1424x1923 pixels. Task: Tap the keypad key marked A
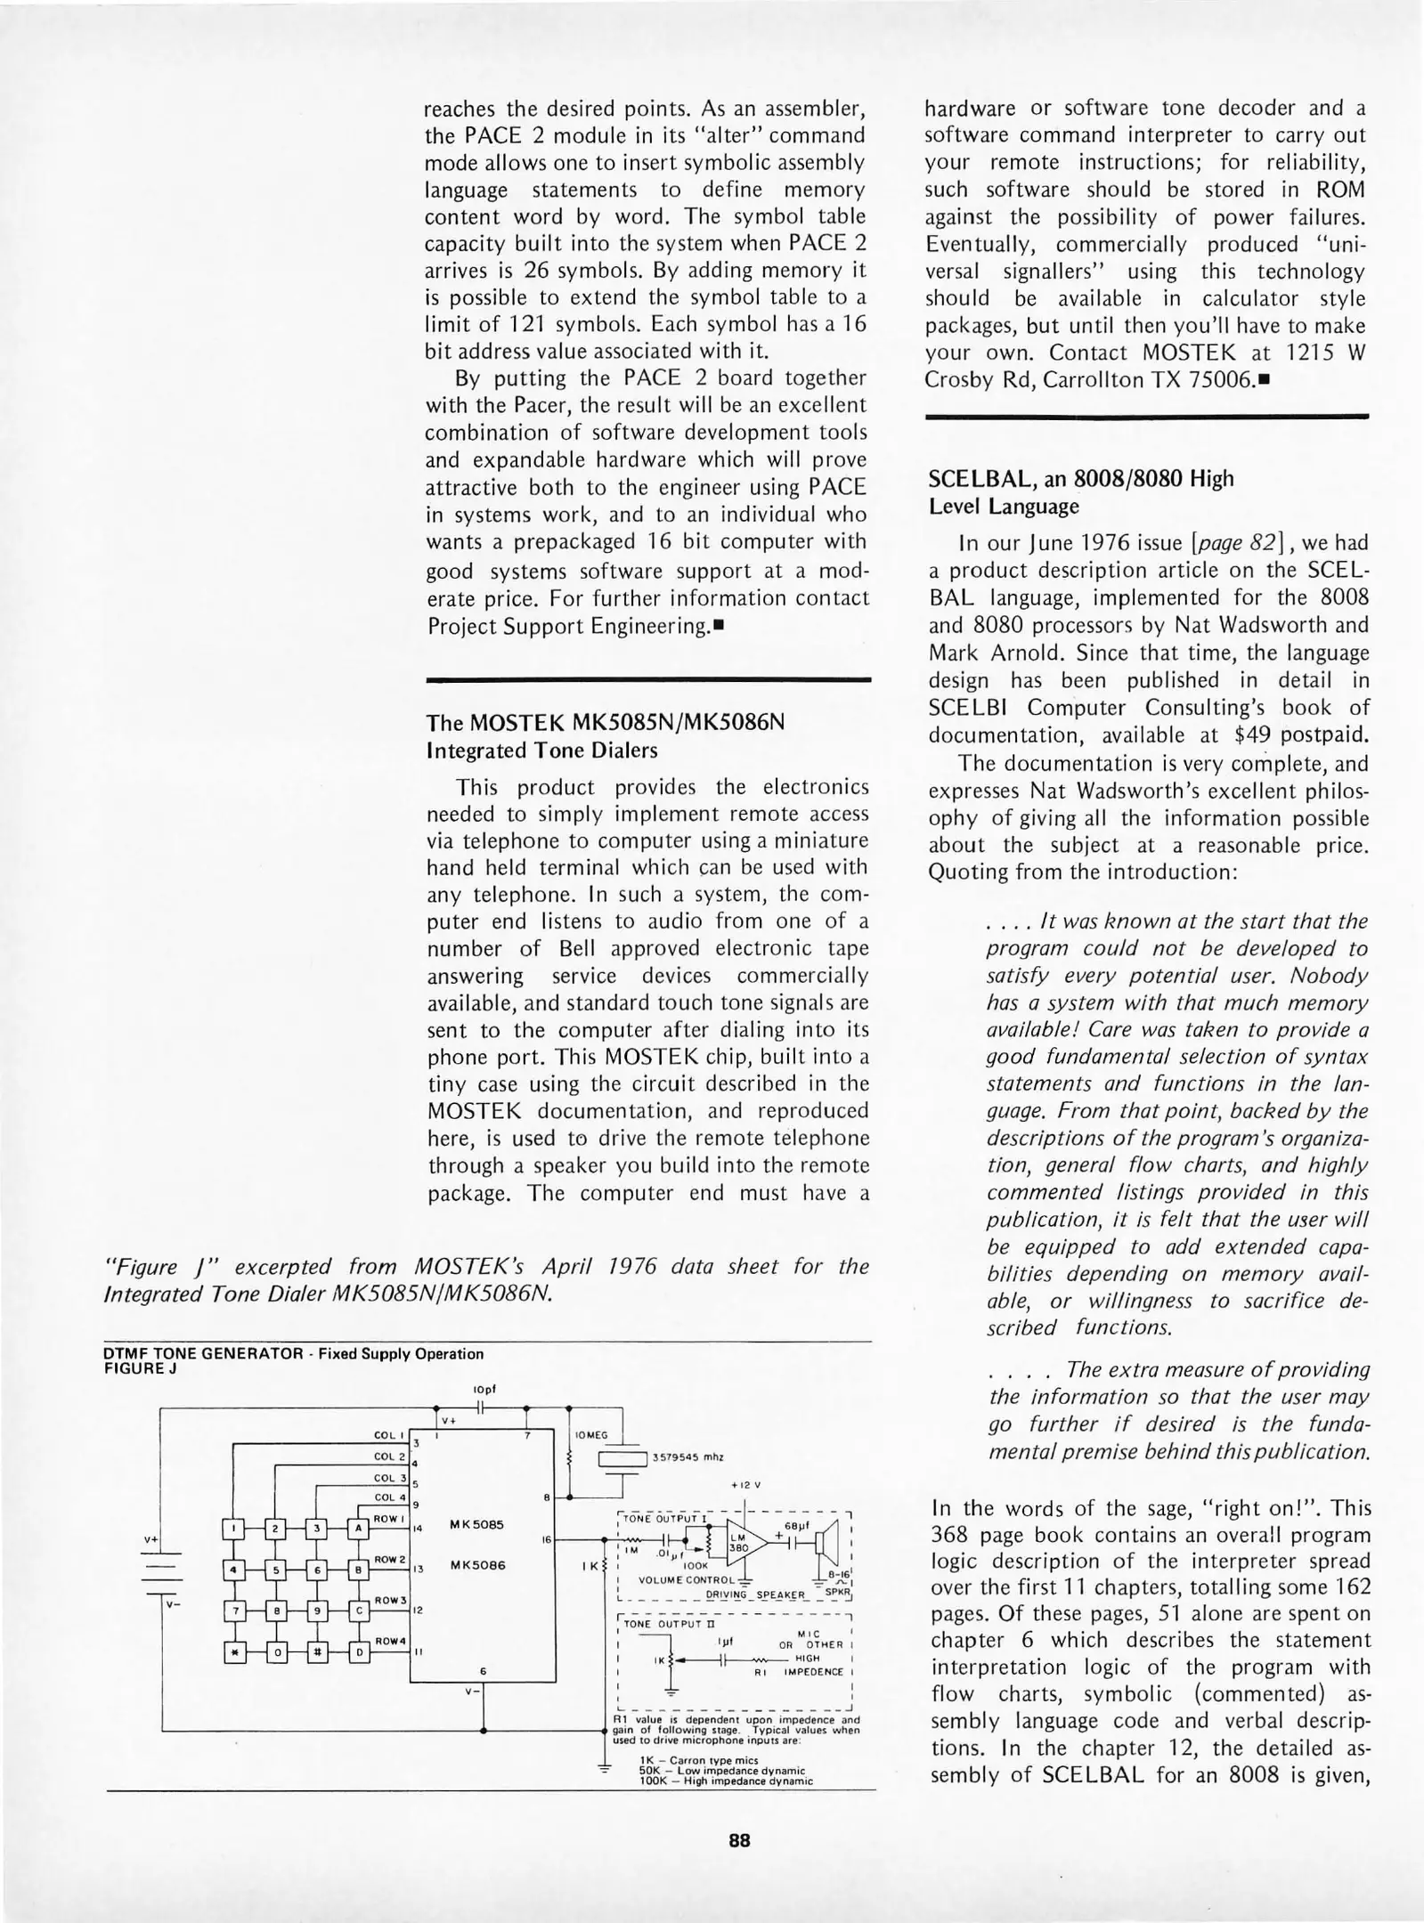360,1529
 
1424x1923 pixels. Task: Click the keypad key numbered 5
276,1570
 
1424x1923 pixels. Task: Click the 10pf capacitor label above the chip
484,1389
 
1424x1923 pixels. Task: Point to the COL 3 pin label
389,1478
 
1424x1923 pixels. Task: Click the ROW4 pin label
391,1640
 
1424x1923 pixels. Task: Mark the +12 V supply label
745,1485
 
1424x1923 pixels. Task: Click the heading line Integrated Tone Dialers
541,751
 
